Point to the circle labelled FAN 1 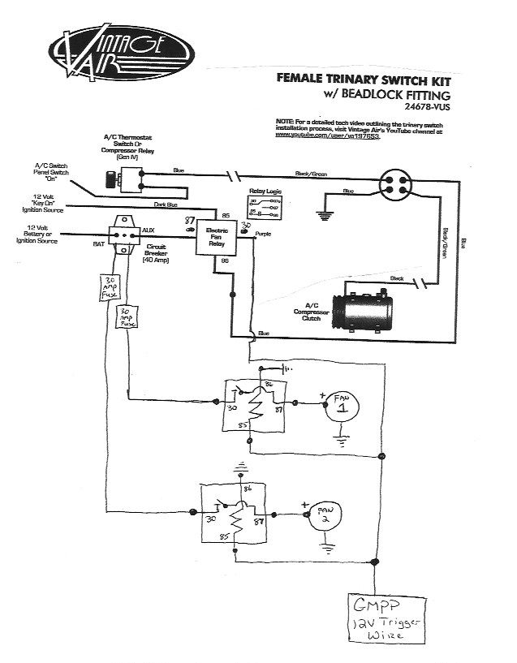click(x=342, y=403)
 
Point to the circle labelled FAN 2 click(x=321, y=514)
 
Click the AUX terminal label click(x=148, y=231)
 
